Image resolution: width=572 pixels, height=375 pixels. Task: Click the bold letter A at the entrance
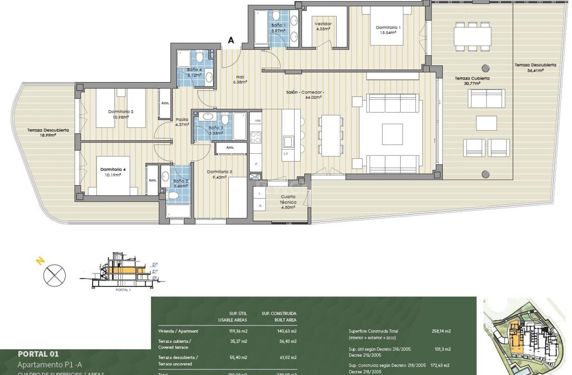(x=231, y=40)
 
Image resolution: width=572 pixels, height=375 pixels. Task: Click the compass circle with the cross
(x=55, y=275)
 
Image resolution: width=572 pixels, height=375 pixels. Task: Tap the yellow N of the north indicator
(x=40, y=261)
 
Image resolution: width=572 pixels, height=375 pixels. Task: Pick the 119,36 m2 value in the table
(x=238, y=331)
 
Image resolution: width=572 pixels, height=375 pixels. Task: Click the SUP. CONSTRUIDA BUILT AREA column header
(x=279, y=316)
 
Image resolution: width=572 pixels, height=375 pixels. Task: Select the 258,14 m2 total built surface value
(x=441, y=331)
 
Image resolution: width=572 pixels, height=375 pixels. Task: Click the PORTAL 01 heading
(x=38, y=354)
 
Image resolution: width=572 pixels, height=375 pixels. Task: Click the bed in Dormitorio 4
(x=113, y=176)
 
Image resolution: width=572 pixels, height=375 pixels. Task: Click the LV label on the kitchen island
(x=286, y=154)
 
